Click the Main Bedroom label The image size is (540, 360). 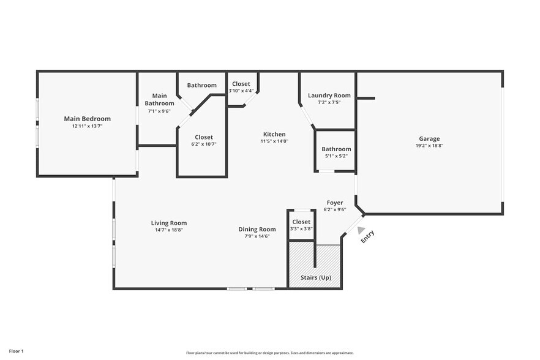[88, 119]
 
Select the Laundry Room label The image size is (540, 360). [329, 95]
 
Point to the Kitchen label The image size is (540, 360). [274, 134]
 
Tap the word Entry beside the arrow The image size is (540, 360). [367, 237]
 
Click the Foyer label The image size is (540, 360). [335, 202]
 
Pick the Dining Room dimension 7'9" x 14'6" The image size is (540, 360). [257, 236]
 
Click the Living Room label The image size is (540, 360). [169, 223]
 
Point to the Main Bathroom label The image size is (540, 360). [159, 99]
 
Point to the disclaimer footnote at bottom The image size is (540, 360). [270, 353]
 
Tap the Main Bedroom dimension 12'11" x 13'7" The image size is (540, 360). [88, 126]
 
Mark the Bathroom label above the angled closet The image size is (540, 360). [202, 85]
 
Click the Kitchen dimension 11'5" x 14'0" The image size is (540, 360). [274, 141]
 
